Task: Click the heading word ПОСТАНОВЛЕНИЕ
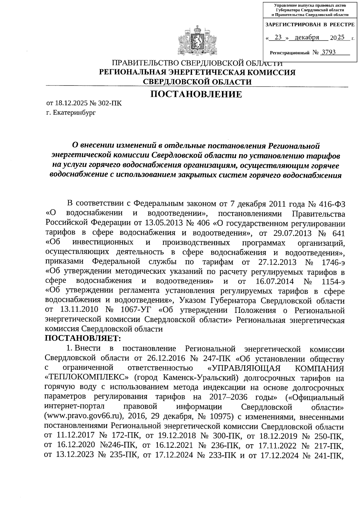point(196,95)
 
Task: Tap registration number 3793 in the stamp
point(328,52)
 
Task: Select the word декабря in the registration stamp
point(307,37)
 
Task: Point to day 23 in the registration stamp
point(278,37)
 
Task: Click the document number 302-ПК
point(112,103)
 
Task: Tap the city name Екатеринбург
point(74,113)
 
